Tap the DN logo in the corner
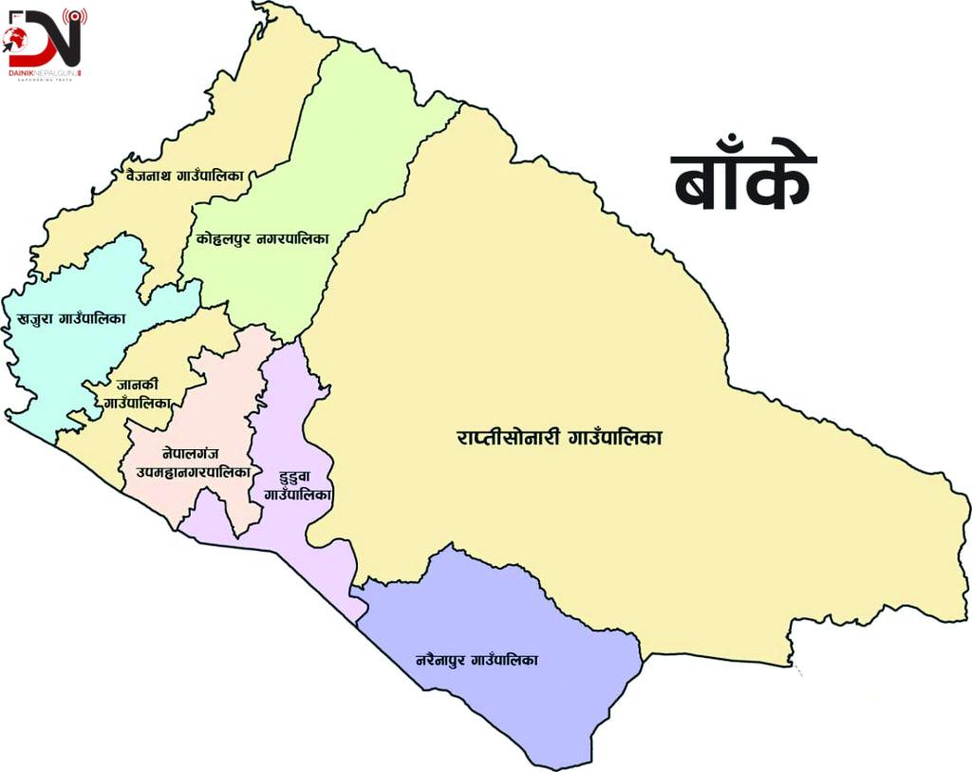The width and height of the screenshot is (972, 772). [x=45, y=38]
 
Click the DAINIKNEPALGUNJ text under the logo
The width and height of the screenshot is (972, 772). [x=44, y=72]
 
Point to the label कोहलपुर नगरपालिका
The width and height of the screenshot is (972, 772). [x=263, y=239]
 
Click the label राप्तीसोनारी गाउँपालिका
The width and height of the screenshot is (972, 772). [x=558, y=439]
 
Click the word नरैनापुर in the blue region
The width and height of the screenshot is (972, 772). [x=443, y=659]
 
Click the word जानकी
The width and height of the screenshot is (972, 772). [x=136, y=385]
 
